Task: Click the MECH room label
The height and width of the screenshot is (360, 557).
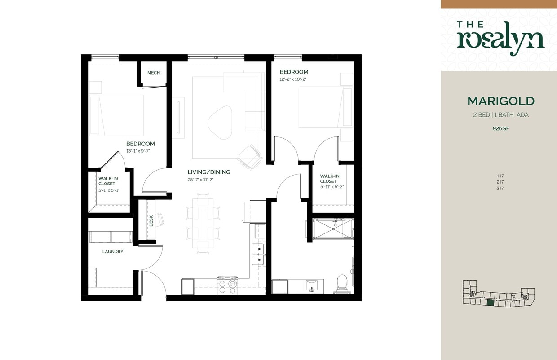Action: point(153,73)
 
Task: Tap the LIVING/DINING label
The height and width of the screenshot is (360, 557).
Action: point(208,172)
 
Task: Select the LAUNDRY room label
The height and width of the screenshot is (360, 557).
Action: point(112,252)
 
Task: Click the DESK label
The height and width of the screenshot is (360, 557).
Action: point(151,220)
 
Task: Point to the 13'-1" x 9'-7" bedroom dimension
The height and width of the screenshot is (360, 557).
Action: point(137,151)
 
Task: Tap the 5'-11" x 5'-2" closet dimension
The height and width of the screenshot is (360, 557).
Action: point(332,186)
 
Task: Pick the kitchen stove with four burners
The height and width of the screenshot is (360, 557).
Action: point(228,285)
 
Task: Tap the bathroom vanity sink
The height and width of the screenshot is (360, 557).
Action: point(311,285)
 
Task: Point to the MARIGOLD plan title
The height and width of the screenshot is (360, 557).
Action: point(500,101)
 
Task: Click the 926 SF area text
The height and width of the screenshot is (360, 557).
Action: point(500,128)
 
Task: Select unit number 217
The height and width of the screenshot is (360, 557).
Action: point(500,182)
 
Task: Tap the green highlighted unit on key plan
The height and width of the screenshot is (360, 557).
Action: point(491,303)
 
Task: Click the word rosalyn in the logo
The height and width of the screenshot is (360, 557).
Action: point(500,40)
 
